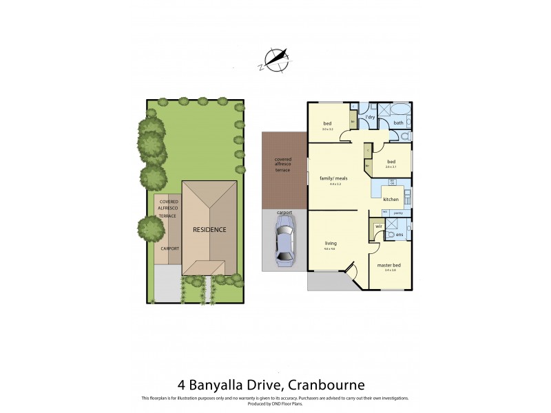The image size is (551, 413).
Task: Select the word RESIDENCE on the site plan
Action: click(x=209, y=229)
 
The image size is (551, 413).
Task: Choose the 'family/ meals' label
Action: click(x=333, y=178)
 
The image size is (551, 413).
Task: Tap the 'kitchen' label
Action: click(x=391, y=199)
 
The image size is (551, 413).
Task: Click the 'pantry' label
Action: click(x=398, y=213)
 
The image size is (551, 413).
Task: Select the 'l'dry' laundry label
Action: click(x=370, y=118)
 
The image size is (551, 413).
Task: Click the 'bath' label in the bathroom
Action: click(x=398, y=123)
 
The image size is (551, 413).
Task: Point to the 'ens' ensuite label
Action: click(x=399, y=235)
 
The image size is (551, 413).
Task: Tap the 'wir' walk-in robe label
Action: click(x=379, y=226)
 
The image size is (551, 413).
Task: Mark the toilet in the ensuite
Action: click(x=408, y=235)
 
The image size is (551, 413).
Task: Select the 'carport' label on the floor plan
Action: click(x=284, y=213)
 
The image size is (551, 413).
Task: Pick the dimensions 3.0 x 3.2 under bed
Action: click(x=327, y=129)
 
